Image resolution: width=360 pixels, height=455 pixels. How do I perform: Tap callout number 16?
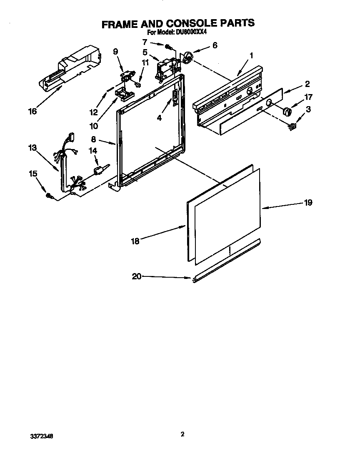32,111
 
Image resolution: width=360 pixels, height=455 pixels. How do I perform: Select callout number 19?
308,203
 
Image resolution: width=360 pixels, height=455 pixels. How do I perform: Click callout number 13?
32,147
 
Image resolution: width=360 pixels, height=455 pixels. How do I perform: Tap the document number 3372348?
41,436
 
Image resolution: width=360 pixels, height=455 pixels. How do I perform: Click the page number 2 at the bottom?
182,434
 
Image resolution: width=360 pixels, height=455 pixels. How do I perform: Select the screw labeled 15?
49,195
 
